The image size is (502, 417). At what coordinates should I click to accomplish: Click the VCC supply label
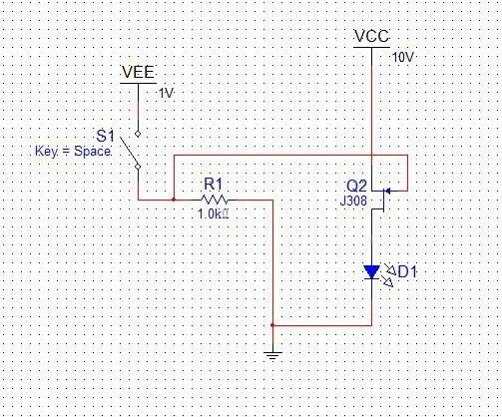click(x=371, y=36)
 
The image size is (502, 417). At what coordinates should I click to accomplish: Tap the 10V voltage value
click(x=403, y=58)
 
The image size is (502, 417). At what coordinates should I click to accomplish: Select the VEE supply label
click(x=138, y=72)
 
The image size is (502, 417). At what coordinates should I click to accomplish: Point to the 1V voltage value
click(x=166, y=94)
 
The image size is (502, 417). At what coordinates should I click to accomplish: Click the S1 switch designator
click(x=105, y=136)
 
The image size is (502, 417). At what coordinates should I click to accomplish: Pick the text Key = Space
click(x=73, y=152)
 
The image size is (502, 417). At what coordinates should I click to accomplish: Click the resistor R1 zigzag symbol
click(x=215, y=200)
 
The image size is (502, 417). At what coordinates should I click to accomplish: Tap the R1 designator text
click(x=213, y=184)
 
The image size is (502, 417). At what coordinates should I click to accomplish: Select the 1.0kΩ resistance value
click(x=214, y=213)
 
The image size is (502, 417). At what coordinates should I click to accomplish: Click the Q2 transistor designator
click(x=356, y=187)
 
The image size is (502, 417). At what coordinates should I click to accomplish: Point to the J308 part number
click(x=353, y=201)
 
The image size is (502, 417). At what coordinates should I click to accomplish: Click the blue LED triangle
click(x=371, y=272)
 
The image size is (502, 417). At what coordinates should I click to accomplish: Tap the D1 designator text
click(x=407, y=272)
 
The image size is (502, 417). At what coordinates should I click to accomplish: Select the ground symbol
click(x=272, y=355)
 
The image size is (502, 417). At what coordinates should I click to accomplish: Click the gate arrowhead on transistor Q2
click(x=387, y=192)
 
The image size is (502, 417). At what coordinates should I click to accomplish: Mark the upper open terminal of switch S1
click(x=138, y=134)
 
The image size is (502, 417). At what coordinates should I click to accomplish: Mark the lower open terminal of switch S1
click(x=138, y=167)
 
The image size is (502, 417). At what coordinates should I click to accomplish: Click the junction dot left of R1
click(x=174, y=200)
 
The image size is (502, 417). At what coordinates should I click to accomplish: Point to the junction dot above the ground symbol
click(x=272, y=325)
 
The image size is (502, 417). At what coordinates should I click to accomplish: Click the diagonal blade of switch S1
click(x=129, y=151)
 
